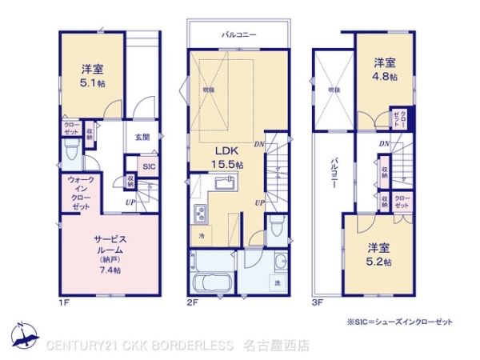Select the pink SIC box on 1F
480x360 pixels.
[148, 166]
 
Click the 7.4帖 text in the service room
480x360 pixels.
[110, 270]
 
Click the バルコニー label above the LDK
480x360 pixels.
[238, 35]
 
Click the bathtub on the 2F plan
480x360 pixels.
[212, 284]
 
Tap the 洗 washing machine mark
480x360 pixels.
[278, 284]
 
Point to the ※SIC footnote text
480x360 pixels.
[399, 321]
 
